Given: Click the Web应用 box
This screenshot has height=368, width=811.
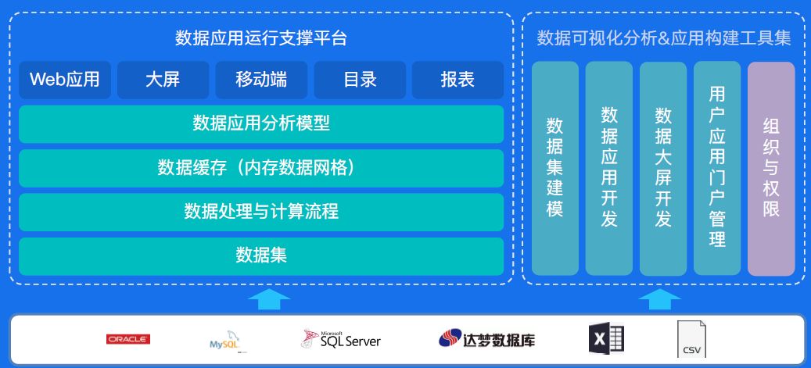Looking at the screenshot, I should click(x=65, y=80).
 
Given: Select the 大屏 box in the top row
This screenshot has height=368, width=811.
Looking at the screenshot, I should click(x=163, y=80).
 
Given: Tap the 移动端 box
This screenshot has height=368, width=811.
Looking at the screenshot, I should click(x=261, y=80).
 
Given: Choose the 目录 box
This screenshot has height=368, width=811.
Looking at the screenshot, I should click(x=360, y=80).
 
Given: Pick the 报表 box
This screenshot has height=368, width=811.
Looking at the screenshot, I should click(x=458, y=80).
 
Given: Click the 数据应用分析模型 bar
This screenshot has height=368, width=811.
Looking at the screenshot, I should click(x=261, y=123).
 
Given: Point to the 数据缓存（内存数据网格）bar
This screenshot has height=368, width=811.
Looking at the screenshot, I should click(x=261, y=168).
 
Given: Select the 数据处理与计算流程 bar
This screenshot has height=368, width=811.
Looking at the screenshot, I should click(x=261, y=212).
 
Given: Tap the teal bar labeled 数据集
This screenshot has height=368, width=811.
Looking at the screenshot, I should click(x=261, y=255).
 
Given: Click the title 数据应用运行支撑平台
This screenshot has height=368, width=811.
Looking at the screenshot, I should click(x=261, y=38).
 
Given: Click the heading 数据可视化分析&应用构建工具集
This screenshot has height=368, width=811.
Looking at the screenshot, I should click(x=664, y=38).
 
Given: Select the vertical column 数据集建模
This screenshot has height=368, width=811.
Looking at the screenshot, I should click(x=554, y=168).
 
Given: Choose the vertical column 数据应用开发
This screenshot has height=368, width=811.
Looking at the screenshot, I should click(x=609, y=168).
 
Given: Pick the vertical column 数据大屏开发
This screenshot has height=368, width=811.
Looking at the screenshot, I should click(x=663, y=168).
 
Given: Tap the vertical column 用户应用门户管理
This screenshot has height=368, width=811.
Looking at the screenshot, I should click(x=717, y=168).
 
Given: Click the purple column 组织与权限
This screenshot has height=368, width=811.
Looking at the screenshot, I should click(x=771, y=168).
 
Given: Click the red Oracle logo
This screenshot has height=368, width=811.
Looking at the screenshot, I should click(x=128, y=339).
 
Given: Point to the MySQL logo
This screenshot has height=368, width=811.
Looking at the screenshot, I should click(x=224, y=341).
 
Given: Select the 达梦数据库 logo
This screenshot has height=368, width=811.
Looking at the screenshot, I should click(x=486, y=339).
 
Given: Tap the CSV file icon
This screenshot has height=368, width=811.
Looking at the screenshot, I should click(x=691, y=341).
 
